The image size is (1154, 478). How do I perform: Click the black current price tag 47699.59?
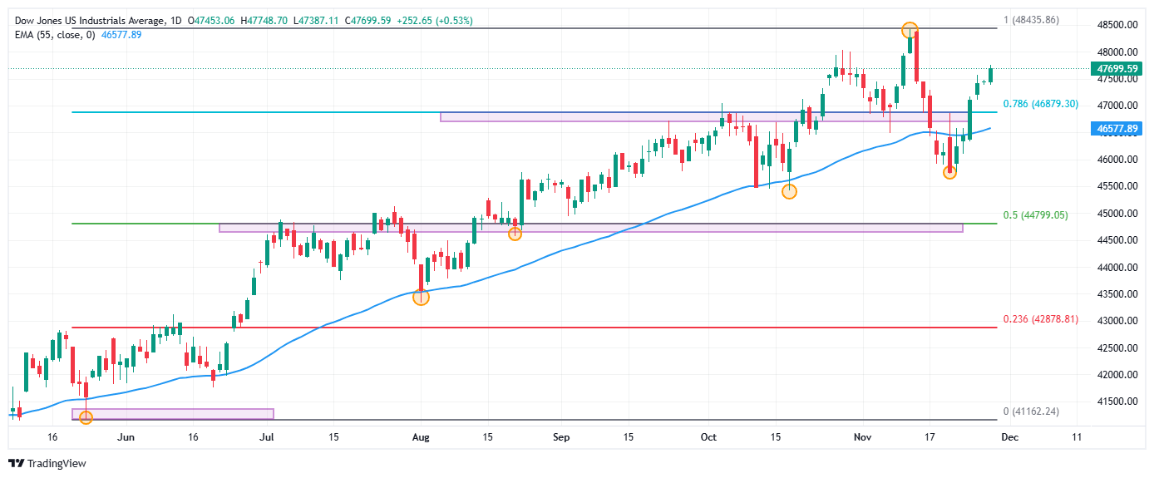[1117, 68]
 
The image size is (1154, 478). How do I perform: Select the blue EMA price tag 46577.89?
[1117, 129]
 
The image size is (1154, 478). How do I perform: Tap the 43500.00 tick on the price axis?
[1117, 294]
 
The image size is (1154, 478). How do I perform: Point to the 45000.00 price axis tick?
[1117, 214]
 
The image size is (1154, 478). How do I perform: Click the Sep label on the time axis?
[561, 437]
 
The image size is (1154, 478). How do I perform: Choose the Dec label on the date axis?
[1009, 437]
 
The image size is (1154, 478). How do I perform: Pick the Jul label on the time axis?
[267, 437]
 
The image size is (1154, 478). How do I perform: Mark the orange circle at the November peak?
[910, 30]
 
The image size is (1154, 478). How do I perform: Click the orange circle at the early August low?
[421, 297]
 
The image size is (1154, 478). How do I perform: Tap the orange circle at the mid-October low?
[789, 191]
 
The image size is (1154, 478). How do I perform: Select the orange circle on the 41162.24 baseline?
[86, 417]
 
